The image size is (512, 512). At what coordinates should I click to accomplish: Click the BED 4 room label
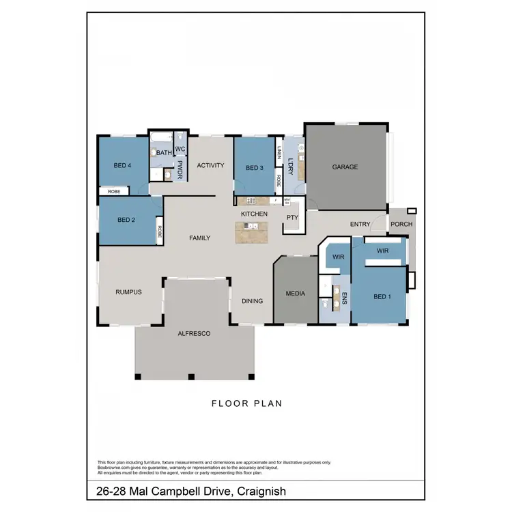pos(122,165)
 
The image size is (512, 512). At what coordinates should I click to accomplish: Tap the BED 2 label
pos(126,220)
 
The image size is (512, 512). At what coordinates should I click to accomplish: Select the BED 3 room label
pos(254,168)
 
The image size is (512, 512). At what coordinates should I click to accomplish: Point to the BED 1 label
pos(382,297)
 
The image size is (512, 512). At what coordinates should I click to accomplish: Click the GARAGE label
pos(345,167)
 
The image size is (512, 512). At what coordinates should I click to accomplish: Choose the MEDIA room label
pos(295,294)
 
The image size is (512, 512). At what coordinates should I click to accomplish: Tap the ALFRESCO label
pos(194,334)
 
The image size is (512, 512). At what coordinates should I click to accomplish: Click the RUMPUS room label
pos(128,292)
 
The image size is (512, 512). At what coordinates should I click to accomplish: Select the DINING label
pos(253,301)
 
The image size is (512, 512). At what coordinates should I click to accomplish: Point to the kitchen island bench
pos(253,233)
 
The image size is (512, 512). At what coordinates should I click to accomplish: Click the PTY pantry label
pos(292,218)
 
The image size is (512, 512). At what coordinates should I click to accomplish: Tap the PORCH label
pos(401,224)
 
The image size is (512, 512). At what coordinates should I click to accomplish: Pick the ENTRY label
pos(360,224)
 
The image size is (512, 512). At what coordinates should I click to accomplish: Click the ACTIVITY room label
pos(211,165)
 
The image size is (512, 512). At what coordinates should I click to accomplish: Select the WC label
pos(180,149)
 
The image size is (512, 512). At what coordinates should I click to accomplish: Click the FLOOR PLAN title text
pos(246,403)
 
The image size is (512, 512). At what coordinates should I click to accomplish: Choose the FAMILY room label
pos(199,238)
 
